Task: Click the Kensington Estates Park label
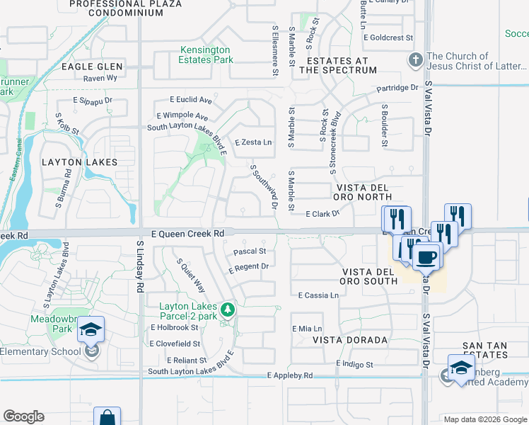point(206,55)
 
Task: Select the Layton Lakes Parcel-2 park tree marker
point(228,309)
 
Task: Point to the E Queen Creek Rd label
point(187,233)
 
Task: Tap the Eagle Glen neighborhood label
point(93,67)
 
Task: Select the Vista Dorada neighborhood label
point(350,340)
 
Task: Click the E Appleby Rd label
point(290,376)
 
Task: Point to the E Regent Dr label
point(250,268)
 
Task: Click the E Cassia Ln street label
point(318,295)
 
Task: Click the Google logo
point(23,416)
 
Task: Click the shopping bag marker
point(107,416)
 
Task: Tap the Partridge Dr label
point(397,89)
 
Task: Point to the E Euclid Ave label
point(191,101)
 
